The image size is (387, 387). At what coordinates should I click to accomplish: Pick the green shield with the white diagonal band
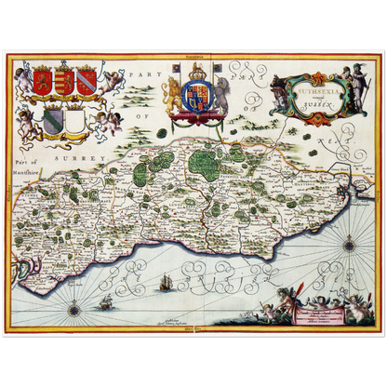coord(55,121)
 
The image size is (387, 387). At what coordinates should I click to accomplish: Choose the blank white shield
coord(77,121)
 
